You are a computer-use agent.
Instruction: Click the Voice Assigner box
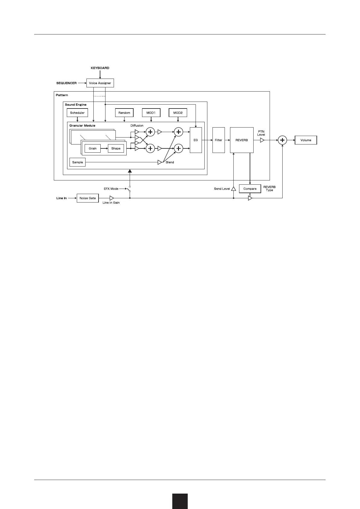click(x=100, y=83)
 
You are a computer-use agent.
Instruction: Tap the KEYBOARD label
click(x=100, y=68)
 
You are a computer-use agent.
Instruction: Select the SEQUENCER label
click(x=66, y=83)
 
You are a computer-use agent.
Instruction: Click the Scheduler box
click(x=77, y=113)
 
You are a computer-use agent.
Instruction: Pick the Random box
click(x=124, y=113)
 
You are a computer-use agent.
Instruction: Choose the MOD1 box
click(x=151, y=113)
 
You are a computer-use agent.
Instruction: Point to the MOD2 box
click(x=178, y=113)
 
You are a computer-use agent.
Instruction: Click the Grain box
click(x=92, y=148)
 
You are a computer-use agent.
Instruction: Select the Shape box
click(x=116, y=148)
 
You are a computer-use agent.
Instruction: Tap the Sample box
click(x=77, y=162)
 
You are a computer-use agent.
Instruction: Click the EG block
click(x=196, y=140)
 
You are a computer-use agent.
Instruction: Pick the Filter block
click(x=219, y=140)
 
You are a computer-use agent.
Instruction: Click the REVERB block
click(x=242, y=140)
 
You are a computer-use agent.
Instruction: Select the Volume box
click(x=306, y=140)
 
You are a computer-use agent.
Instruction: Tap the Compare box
click(x=250, y=189)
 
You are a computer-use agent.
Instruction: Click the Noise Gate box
click(x=88, y=198)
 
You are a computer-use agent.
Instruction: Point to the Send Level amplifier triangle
click(x=233, y=189)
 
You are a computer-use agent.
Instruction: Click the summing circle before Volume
click(x=282, y=140)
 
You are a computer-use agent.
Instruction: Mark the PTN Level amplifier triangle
click(x=262, y=140)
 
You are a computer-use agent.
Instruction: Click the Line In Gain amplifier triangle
click(x=112, y=198)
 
